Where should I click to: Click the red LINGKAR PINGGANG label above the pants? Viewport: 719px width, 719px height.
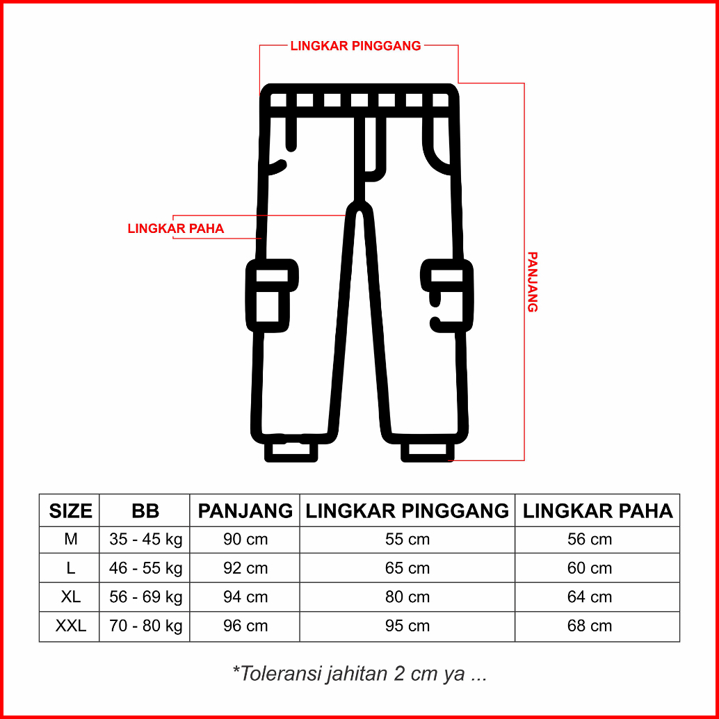pos(355,46)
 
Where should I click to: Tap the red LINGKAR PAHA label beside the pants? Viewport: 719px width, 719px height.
pos(176,228)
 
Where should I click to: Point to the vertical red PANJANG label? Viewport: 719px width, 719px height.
pos(532,282)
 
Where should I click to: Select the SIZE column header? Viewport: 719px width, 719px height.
pos(71,511)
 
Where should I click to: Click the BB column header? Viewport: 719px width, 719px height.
pos(145,511)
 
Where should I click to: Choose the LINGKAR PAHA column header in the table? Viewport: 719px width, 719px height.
pos(597,511)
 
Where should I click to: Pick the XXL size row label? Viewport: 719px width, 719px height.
pos(71,626)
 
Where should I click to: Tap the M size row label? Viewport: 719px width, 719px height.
pos(71,540)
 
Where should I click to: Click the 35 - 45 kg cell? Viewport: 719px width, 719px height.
pos(146,540)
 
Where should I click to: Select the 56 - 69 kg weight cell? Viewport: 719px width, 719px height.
pos(146,597)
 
